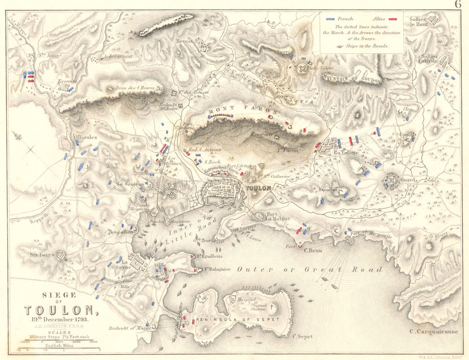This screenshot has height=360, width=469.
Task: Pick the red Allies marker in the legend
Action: point(393,19)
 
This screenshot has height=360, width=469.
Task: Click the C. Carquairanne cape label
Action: point(433,332)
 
